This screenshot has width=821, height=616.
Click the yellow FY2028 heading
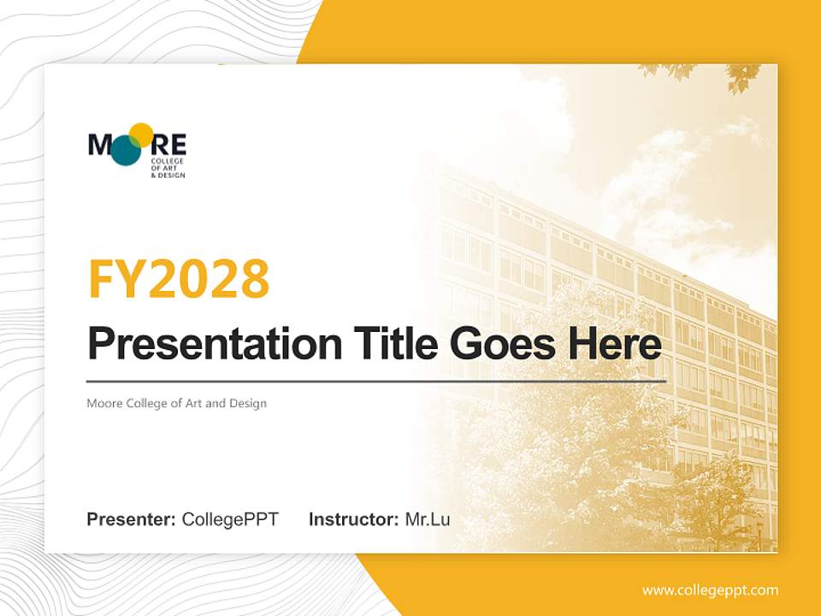click(179, 279)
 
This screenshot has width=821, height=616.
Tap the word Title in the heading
click(394, 344)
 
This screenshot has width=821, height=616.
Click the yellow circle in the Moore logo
click(141, 135)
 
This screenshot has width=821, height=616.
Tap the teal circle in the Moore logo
click(126, 151)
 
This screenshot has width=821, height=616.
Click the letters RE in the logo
click(170, 144)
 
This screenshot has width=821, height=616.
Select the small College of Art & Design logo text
click(167, 168)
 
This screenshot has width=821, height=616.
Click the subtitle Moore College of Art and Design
click(176, 403)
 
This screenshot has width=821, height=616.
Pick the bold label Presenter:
click(132, 519)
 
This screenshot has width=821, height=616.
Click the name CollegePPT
click(230, 519)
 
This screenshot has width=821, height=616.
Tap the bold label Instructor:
click(353, 519)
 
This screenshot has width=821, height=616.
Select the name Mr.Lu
click(428, 519)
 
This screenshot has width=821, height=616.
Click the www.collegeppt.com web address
click(710, 590)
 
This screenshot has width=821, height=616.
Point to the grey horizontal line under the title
click(376, 381)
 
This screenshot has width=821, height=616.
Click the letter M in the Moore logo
click(99, 144)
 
